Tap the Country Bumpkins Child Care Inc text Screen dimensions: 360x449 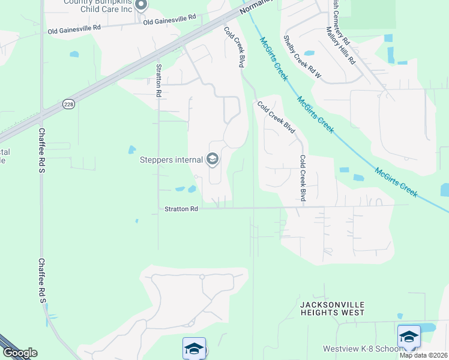click(x=98, y=5)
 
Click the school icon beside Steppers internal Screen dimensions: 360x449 click(x=212, y=159)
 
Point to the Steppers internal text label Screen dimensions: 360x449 click(x=171, y=160)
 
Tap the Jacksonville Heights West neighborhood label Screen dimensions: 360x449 click(x=331, y=308)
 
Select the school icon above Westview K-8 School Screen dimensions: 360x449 click(x=409, y=337)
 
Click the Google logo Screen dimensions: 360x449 click(x=20, y=353)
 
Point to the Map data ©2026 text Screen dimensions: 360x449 click(x=424, y=355)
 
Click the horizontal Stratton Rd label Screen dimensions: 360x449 click(x=181, y=209)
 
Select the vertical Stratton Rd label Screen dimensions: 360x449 click(x=159, y=81)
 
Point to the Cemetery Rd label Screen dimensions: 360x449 click(x=340, y=23)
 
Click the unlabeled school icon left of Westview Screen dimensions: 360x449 click(x=194, y=349)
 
